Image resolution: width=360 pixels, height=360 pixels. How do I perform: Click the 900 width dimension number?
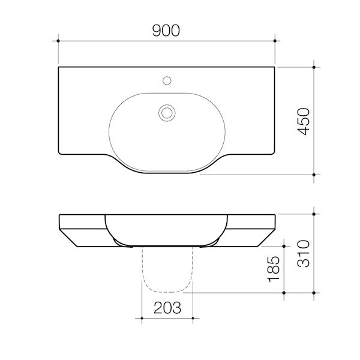[166, 31]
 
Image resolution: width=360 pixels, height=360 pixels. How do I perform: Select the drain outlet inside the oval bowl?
[166, 111]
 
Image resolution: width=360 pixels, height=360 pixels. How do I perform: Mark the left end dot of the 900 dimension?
[58, 41]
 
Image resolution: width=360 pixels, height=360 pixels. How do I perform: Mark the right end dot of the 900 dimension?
[275, 41]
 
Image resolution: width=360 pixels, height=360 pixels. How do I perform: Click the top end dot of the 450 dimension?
[314, 67]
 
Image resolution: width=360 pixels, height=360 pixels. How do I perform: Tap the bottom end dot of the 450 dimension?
[314, 175]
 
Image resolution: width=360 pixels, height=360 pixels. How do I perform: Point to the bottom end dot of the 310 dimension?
[314, 293]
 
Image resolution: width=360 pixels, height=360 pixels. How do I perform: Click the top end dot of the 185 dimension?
[283, 245]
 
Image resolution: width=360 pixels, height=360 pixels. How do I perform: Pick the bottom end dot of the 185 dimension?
[283, 293]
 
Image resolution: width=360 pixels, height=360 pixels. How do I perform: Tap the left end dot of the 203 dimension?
[142, 317]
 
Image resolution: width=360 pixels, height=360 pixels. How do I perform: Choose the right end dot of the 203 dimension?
[193, 317]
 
